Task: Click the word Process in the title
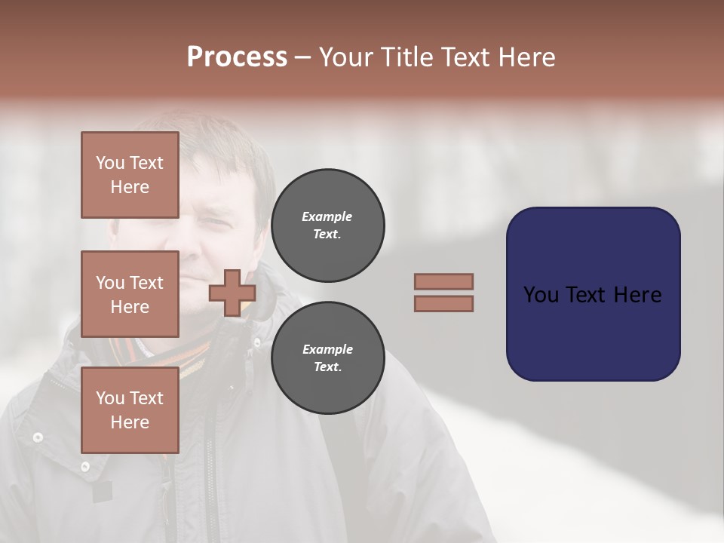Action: tap(237, 57)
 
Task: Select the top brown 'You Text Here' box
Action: tap(130, 175)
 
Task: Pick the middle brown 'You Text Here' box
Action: tap(130, 294)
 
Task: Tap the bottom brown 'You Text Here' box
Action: tap(130, 410)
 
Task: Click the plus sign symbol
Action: tap(232, 293)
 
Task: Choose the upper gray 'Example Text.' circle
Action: tap(327, 225)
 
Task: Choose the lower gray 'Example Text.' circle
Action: tap(327, 358)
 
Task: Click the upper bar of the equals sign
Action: tap(443, 281)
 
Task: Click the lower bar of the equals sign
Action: tap(443, 303)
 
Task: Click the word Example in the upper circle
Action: tap(327, 216)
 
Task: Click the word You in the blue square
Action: tap(541, 294)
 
